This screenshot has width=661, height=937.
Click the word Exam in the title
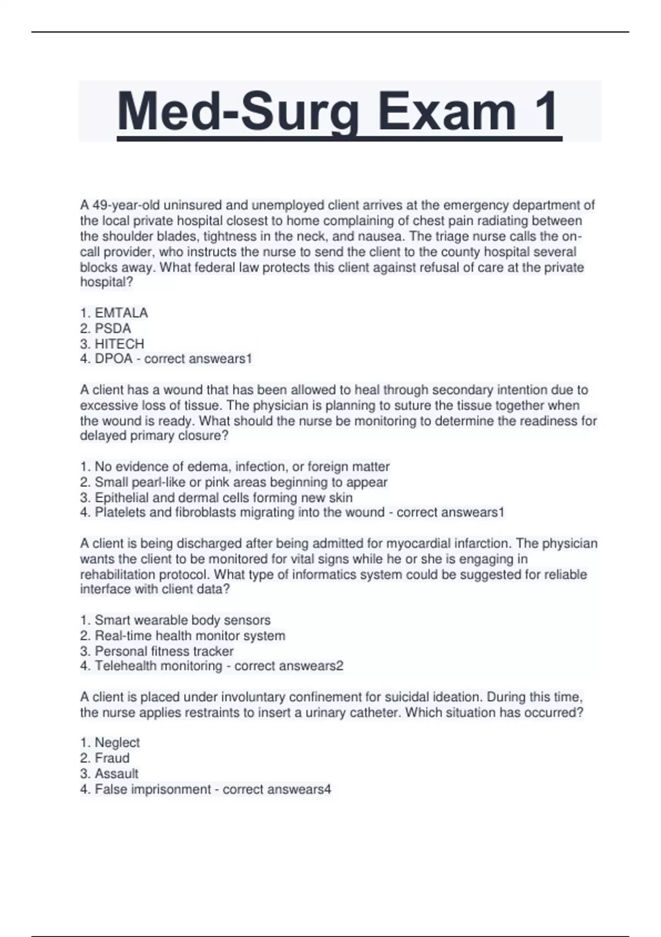pos(447,111)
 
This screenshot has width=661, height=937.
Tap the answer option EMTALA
pos(121,313)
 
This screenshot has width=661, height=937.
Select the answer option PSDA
pos(113,329)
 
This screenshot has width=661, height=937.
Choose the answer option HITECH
pos(119,344)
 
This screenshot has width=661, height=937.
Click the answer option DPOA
pos(113,359)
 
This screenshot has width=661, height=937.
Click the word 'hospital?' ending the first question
pos(107,282)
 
